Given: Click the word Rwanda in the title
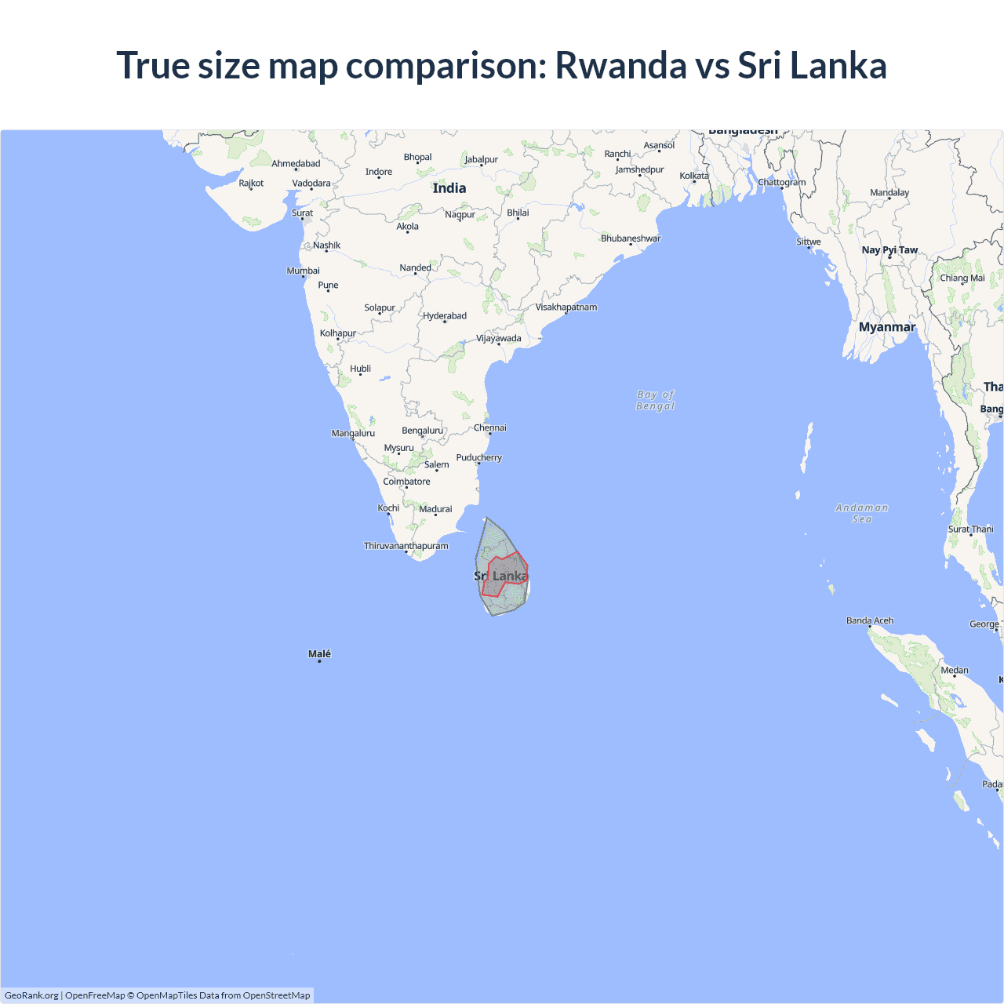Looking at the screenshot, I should (620, 65).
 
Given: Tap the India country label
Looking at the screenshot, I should (449, 188).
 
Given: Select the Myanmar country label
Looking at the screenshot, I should (887, 327).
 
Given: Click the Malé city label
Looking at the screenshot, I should (319, 653).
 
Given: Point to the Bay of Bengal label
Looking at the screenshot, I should (656, 400).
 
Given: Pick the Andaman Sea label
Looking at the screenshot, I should (862, 513).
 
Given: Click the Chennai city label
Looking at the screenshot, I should (490, 427).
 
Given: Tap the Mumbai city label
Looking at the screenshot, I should (304, 271).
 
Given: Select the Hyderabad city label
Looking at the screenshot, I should (445, 316).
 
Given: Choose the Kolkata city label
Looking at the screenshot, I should (694, 176).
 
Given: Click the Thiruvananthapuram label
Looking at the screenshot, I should (406, 546).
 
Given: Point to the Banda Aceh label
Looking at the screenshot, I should (870, 620).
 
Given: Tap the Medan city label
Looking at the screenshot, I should (955, 670).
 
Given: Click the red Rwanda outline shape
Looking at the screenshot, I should (504, 575).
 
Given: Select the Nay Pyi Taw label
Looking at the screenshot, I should (889, 250).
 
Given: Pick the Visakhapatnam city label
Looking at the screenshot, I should (566, 307).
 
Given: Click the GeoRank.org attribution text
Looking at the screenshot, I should (31, 995).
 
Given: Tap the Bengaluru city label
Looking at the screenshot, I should (423, 431).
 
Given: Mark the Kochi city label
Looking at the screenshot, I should (388, 508).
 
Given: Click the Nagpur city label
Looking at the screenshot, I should (460, 214).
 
